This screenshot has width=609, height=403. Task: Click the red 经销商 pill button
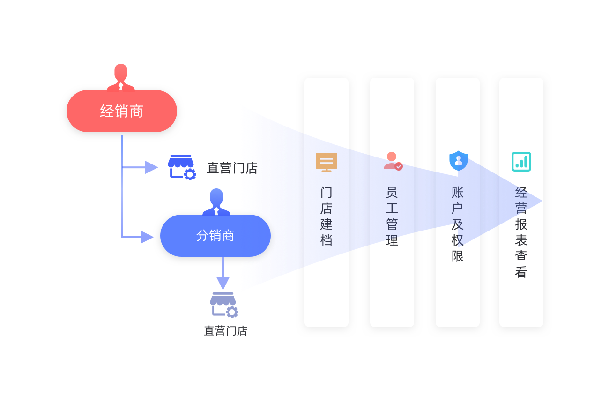click(x=122, y=111)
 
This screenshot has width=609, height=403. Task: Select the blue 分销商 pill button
click(x=215, y=236)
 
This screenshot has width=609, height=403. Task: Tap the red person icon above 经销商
click(x=121, y=77)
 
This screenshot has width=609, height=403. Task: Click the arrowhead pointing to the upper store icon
click(x=151, y=167)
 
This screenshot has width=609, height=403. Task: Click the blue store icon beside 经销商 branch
click(x=181, y=167)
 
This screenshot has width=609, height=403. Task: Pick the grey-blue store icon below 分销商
click(x=223, y=305)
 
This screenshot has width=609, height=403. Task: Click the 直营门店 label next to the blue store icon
click(x=232, y=168)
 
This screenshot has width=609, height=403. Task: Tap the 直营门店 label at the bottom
click(x=225, y=331)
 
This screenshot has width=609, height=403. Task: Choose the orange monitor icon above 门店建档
click(x=327, y=162)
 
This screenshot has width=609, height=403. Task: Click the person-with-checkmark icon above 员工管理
click(x=393, y=161)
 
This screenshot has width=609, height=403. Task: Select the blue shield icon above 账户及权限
click(x=458, y=161)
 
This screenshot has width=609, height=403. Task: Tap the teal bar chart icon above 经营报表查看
click(x=521, y=162)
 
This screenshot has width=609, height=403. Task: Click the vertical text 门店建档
click(x=327, y=216)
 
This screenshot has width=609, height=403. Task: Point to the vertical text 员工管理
click(x=392, y=216)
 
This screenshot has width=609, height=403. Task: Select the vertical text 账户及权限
click(x=458, y=224)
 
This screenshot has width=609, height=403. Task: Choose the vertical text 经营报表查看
click(x=521, y=232)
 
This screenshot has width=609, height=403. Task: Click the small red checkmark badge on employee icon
click(x=399, y=166)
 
